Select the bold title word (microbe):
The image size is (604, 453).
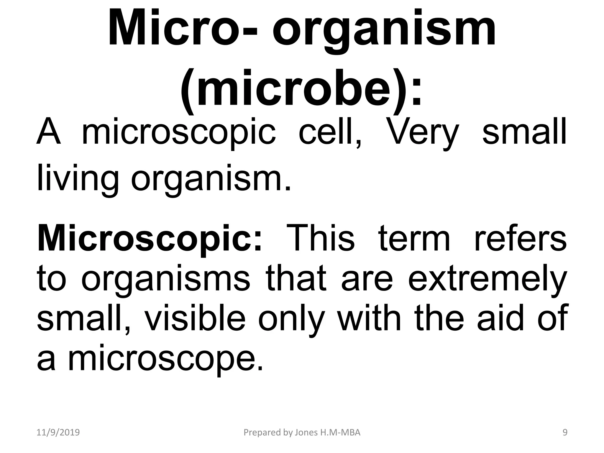tap(301, 88)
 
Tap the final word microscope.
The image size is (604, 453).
tap(165, 360)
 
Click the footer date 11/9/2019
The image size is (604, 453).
tap(58, 433)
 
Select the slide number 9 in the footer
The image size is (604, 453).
tap(565, 433)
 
